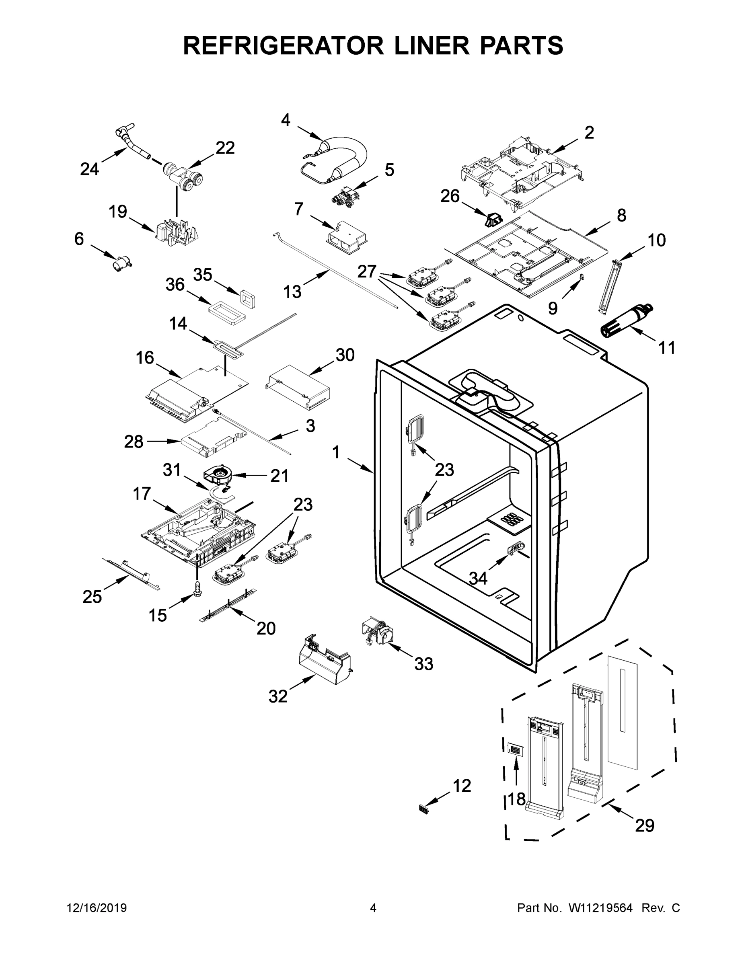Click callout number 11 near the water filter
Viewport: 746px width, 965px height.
coord(666,348)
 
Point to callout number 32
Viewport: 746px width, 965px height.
coord(278,697)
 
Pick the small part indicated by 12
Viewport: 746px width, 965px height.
coord(424,809)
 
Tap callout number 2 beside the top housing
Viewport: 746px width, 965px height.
coord(589,133)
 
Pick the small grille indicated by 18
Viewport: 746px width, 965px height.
coord(515,749)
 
